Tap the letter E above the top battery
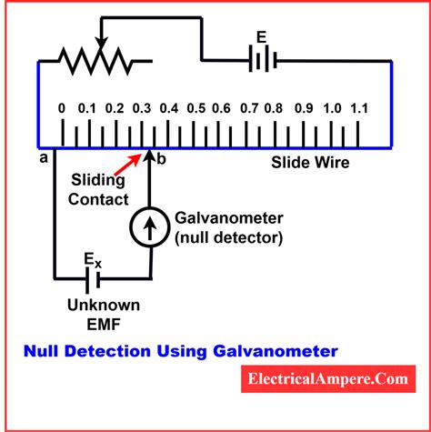262,38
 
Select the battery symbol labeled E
262,61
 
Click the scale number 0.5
195,109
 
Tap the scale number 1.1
359,109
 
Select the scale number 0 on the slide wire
61,109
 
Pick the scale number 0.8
273,109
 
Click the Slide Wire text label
308,165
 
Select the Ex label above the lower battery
94,259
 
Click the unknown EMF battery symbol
94,276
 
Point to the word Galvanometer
228,217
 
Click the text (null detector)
229,236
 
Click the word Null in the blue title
42,349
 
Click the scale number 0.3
141,109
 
